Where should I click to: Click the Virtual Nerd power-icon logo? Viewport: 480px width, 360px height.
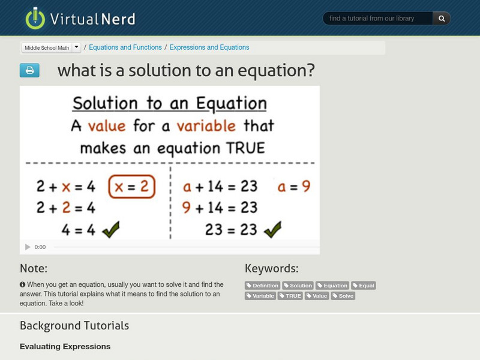coord(35,19)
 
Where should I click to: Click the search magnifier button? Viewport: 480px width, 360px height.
coord(442,19)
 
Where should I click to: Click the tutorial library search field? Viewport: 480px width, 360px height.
coord(378,19)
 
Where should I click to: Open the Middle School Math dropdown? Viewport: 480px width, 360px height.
coord(51,47)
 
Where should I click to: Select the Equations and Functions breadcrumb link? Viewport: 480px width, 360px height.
coord(126,47)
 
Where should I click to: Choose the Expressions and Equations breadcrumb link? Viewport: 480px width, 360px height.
coord(209,47)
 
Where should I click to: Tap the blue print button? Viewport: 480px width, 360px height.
coord(29,71)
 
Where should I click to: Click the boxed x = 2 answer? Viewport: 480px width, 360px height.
coord(131,187)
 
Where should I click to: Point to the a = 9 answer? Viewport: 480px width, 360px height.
coord(293,187)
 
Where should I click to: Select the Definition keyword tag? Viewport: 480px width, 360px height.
coord(263,286)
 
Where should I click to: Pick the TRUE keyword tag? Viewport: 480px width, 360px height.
coord(290,296)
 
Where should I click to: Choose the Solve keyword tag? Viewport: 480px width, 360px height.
coord(343,296)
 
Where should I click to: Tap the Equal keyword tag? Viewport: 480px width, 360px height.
coord(364,286)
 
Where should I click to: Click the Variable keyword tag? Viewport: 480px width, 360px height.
coord(260,296)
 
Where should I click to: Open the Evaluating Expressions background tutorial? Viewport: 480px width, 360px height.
coord(65,346)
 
